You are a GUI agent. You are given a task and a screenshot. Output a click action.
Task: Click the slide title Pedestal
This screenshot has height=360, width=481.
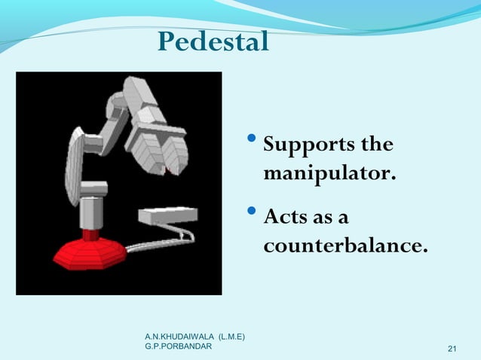pyautogui.click(x=213, y=42)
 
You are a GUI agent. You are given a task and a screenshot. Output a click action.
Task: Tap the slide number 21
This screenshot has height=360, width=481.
pyautogui.click(x=452, y=348)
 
